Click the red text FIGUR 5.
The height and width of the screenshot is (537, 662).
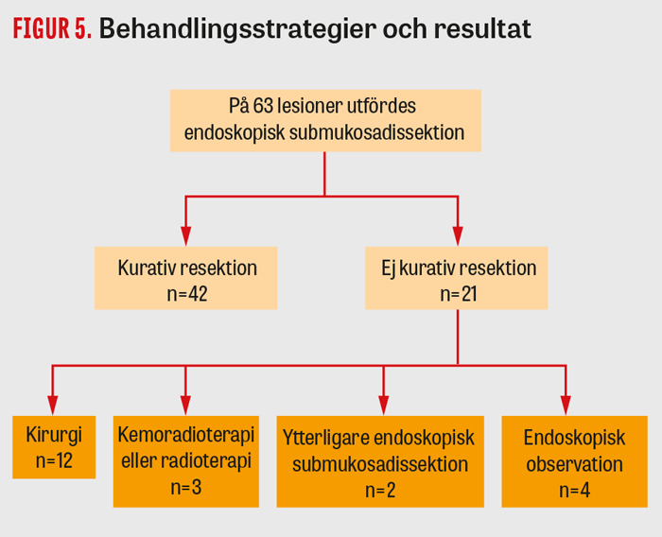(x=52, y=28)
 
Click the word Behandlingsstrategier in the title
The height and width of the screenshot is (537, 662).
(x=237, y=29)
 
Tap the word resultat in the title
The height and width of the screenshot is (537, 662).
(x=482, y=28)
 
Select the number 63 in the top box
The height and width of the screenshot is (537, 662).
(x=263, y=106)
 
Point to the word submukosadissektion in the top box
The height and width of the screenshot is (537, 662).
(x=376, y=132)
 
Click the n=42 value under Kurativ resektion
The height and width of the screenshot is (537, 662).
(x=187, y=294)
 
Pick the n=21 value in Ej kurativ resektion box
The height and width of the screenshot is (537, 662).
(x=458, y=294)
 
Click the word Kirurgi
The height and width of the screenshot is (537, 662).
(x=54, y=435)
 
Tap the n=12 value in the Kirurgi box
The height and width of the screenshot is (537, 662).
(x=54, y=460)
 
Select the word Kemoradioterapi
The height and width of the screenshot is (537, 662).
(x=186, y=434)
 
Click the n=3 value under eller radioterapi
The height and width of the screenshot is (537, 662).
(x=186, y=488)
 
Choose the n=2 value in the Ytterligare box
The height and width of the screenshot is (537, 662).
(x=380, y=491)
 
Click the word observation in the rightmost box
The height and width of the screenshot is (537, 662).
(x=575, y=464)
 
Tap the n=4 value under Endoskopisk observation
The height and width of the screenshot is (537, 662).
(x=575, y=491)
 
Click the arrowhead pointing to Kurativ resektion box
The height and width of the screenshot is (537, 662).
(x=185, y=236)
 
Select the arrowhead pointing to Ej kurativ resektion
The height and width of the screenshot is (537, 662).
(x=458, y=236)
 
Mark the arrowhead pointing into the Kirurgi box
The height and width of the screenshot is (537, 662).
(x=52, y=406)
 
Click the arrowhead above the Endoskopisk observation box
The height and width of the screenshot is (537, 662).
(x=566, y=406)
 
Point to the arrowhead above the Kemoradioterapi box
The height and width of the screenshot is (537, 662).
(x=185, y=406)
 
